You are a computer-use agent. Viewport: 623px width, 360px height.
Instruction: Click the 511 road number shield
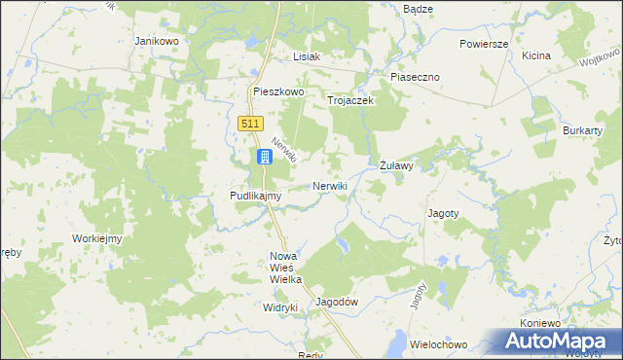(251, 123)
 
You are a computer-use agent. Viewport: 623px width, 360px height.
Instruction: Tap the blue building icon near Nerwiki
(265, 157)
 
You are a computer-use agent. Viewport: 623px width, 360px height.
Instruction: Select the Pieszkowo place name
(278, 91)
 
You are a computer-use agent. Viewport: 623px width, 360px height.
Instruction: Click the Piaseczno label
(416, 77)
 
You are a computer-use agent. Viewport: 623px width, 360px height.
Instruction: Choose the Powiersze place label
(485, 44)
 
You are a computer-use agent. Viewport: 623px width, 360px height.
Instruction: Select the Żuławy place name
(397, 166)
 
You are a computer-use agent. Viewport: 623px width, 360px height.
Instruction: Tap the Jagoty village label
(443, 212)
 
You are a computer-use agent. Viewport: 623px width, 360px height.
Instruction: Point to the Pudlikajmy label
(255, 196)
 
